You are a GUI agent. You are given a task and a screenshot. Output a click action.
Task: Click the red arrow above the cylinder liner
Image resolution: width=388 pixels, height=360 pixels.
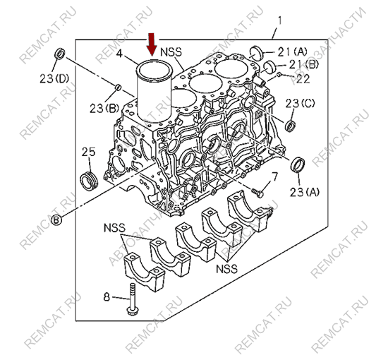tap(152, 44)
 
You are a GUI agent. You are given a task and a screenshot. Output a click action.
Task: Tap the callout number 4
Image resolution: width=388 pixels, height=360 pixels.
tap(119, 53)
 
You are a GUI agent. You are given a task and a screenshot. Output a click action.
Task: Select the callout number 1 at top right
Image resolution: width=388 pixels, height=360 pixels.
tap(279, 20)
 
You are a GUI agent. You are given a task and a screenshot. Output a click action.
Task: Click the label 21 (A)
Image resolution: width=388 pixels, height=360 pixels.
tap(292, 52)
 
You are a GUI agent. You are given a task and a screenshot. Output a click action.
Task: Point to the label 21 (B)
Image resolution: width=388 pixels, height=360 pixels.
tap(304, 65)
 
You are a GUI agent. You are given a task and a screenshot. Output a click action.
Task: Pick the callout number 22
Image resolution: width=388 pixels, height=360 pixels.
tap(303, 79)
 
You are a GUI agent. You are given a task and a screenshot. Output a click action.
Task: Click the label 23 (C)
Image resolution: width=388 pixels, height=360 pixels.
tap(300, 104)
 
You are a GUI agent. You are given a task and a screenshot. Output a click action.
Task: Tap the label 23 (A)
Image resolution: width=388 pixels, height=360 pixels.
tap(304, 192)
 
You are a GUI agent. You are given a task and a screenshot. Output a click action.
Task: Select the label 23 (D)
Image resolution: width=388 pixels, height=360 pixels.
tap(54, 79)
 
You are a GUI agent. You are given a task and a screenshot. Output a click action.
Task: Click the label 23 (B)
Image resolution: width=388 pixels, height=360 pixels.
tap(104, 108)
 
